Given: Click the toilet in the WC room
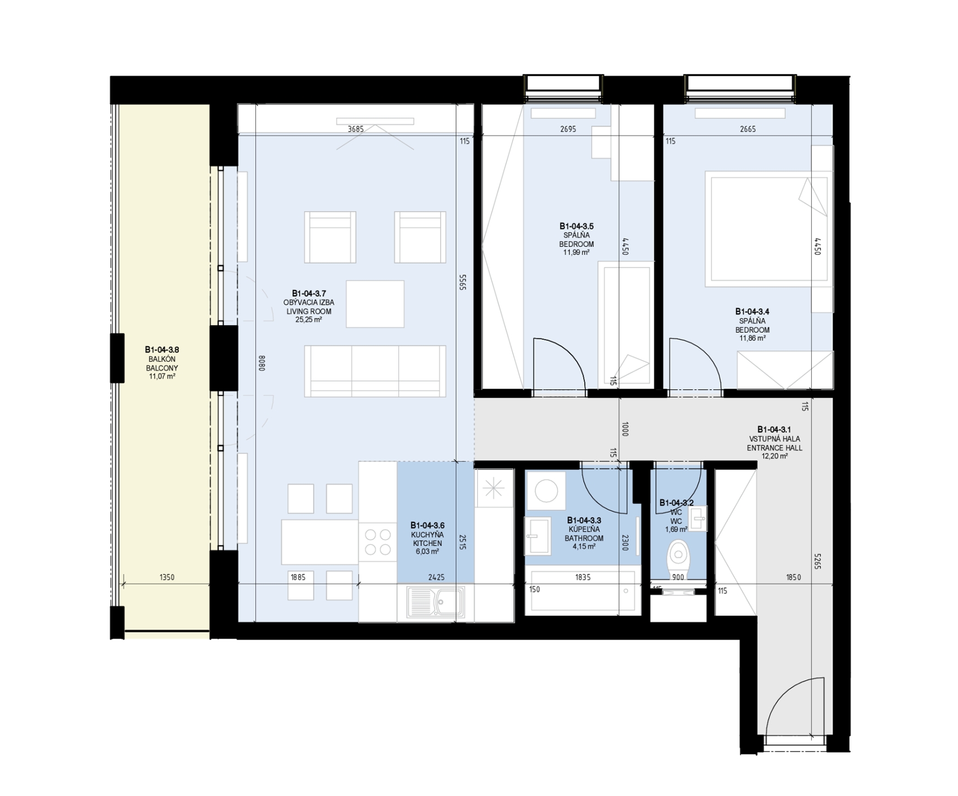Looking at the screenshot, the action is pos(678,558).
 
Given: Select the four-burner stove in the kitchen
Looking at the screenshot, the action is pos(378,541).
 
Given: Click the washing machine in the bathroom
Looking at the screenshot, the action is pos(546,491).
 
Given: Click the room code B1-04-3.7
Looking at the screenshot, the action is pos(309,293).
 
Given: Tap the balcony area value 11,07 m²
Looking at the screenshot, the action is pos(162,377).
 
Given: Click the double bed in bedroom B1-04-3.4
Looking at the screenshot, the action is pos(767,228).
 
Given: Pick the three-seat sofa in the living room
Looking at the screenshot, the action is pos(375,371).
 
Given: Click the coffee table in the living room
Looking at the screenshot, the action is pos(375,304).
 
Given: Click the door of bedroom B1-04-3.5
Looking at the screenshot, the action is pos(560,364).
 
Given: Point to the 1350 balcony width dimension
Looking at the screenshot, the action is pos(167,577).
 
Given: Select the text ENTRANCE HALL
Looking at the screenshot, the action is pos(774,448).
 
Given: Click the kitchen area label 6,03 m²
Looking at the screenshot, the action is pos(427,552).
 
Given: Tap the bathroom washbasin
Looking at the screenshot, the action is pos(538,535).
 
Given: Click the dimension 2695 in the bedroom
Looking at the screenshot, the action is pos(568,129).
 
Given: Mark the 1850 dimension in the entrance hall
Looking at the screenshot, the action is pos(793,577).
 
